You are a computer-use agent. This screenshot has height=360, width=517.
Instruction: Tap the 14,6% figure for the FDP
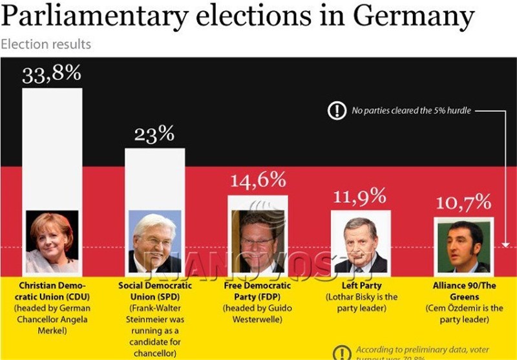258,179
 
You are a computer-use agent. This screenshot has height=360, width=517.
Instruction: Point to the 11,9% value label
359,195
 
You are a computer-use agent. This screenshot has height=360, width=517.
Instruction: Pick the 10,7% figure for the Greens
463,203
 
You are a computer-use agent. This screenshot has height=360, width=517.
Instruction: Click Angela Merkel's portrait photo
52,241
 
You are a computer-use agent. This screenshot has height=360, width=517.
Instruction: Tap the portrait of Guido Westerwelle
258,241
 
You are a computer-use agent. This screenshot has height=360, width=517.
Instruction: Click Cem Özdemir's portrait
463,245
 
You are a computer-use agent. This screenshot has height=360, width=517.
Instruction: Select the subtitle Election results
46,45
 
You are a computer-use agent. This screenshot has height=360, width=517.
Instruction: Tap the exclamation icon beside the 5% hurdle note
337,111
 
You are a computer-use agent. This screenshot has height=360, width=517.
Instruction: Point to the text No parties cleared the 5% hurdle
411,111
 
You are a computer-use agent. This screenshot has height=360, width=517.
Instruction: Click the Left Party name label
361,285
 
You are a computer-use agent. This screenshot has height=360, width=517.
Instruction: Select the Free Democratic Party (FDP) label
258,291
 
